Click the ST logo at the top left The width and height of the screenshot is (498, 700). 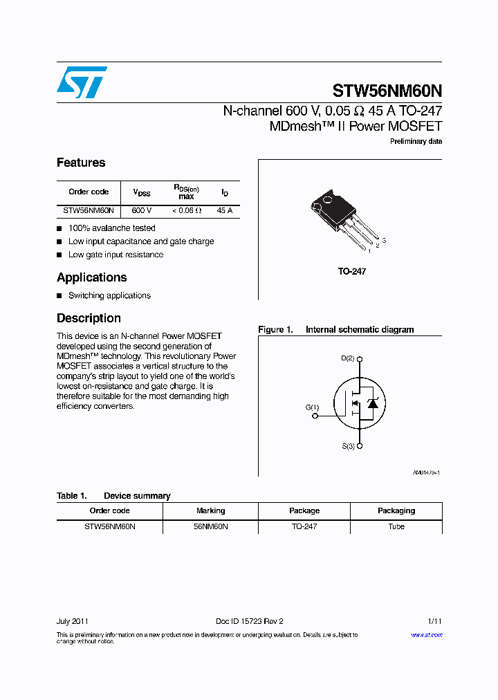pyautogui.click(x=82, y=82)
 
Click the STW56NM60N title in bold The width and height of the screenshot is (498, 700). pyautogui.click(x=387, y=91)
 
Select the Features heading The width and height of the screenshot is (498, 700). pyautogui.click(x=81, y=163)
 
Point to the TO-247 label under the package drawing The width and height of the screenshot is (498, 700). pyautogui.click(x=351, y=272)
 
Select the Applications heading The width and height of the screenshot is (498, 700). pyautogui.click(x=91, y=278)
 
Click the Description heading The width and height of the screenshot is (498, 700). pyautogui.click(x=89, y=319)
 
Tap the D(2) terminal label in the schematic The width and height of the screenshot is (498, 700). pyautogui.click(x=348, y=358)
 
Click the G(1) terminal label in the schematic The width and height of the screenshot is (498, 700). pyautogui.click(x=312, y=407)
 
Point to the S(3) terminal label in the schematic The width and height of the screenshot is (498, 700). pyautogui.click(x=348, y=446)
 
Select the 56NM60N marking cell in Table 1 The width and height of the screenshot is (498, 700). pyautogui.click(x=210, y=527)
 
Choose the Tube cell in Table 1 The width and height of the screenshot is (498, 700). pyautogui.click(x=396, y=527)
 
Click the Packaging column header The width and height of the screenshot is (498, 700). pyautogui.click(x=396, y=511)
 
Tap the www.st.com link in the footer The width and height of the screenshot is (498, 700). pyautogui.click(x=427, y=635)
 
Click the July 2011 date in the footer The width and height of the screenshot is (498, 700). pyautogui.click(x=72, y=621)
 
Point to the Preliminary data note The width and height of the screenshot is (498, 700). pyautogui.click(x=416, y=142)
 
